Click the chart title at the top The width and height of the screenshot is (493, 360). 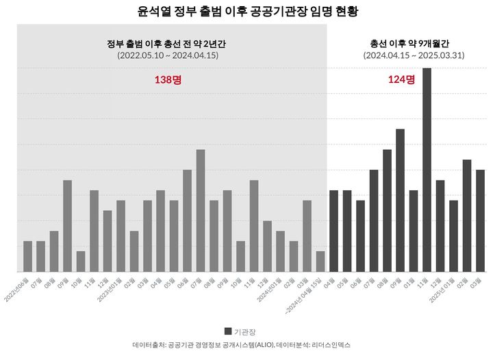247,12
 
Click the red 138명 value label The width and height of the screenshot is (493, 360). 168,79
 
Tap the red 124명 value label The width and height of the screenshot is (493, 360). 401,79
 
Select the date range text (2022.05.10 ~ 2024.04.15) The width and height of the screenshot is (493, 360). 167,55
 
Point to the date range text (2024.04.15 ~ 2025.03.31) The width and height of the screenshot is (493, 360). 414,55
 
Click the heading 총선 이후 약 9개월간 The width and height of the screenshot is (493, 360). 414,43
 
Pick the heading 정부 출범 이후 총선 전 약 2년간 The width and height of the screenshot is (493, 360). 167,43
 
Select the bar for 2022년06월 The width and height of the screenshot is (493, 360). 27,256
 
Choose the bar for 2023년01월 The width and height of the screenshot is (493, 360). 121,236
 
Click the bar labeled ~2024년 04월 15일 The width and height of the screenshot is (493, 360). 320,261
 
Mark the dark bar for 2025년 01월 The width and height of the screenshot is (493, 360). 453,236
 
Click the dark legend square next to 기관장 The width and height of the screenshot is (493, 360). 227,331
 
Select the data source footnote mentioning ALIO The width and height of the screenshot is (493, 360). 246,346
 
